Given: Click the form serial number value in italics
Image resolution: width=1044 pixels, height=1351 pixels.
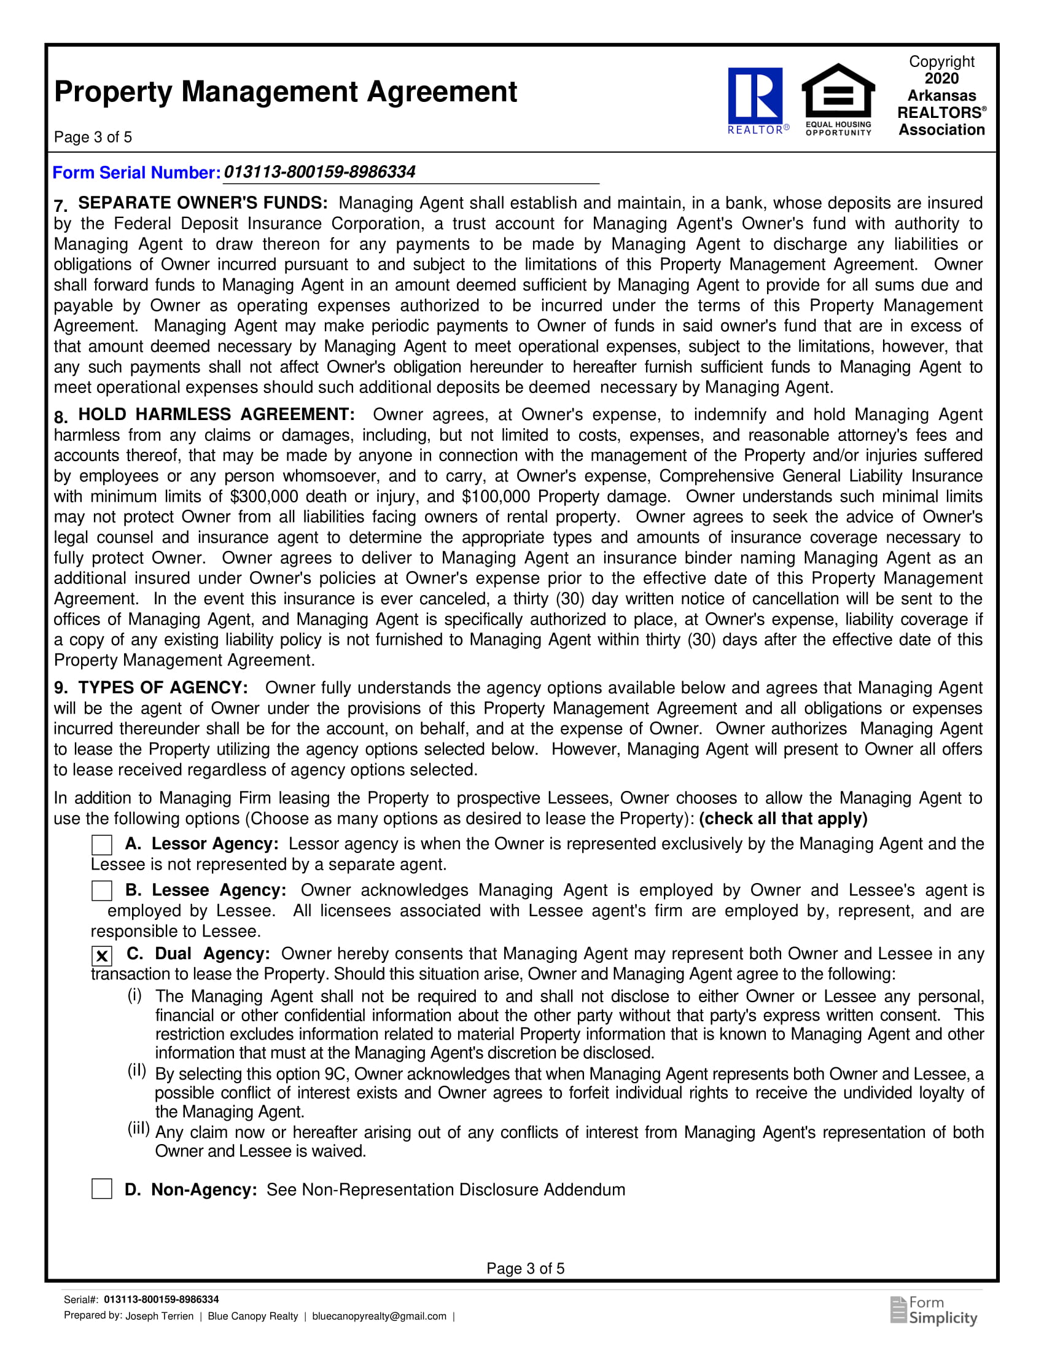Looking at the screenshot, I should coord(319,172).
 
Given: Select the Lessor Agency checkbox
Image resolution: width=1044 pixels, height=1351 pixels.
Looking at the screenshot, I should coord(101,845).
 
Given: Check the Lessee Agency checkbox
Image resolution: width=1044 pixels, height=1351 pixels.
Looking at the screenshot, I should coord(101,891).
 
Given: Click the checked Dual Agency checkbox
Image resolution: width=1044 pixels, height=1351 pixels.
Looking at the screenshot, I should coord(101,956).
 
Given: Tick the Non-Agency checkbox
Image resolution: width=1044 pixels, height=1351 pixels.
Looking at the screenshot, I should coord(101,1189).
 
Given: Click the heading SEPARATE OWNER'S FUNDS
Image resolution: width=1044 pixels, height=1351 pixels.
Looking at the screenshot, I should coord(203,203).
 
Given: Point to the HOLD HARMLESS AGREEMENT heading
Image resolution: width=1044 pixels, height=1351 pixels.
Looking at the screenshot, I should coord(216,415).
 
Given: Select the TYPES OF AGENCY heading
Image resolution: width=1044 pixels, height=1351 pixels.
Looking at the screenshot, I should coord(163,688).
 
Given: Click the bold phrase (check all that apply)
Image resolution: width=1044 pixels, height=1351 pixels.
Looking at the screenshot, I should coord(783,819).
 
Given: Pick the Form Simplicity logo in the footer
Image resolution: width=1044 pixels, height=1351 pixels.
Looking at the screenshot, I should coord(934,1311).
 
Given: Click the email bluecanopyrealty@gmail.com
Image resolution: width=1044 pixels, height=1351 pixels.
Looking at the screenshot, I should coord(379,1317).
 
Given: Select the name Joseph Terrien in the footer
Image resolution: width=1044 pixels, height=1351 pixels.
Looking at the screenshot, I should coord(160,1317).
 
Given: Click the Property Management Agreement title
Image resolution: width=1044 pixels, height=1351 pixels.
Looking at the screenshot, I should coord(285,91).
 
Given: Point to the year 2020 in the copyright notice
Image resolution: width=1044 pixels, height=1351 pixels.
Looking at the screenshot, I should coord(941,79).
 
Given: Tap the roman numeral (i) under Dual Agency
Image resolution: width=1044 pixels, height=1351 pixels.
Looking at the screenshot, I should coord(135,995).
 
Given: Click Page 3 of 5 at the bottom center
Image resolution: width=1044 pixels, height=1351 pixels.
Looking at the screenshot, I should coord(525,1269).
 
